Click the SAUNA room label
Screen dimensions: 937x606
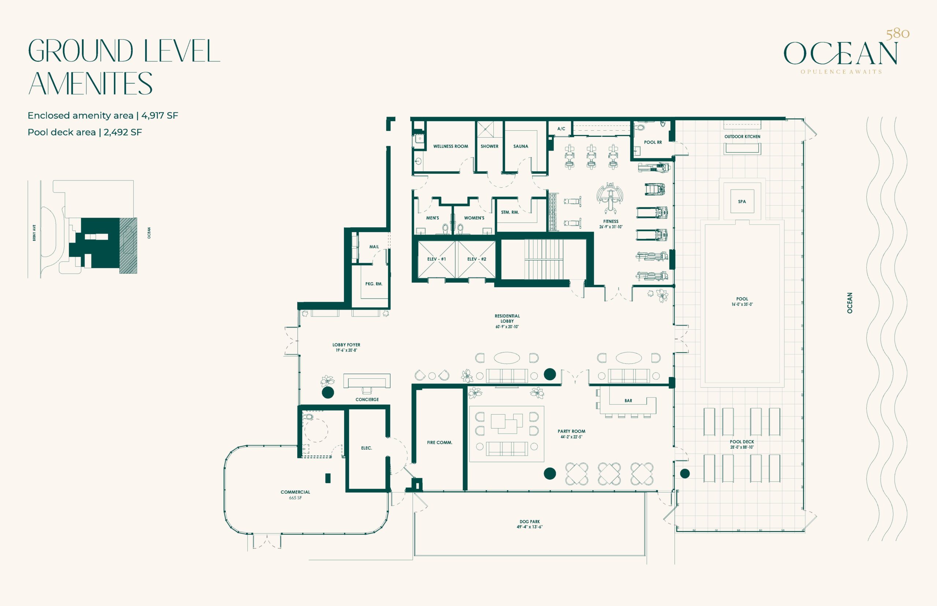click(520, 146)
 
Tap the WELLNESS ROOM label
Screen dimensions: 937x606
click(451, 146)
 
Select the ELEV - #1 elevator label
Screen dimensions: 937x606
click(436, 259)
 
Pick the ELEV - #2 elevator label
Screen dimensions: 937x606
click(477, 259)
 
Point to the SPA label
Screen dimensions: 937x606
click(742, 202)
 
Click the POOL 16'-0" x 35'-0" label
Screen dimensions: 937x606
click(742, 302)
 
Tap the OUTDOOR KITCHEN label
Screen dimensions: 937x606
click(742, 136)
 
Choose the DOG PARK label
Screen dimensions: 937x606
click(530, 524)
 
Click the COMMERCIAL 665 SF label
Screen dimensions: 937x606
click(295, 495)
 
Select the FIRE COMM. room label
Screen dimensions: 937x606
click(440, 442)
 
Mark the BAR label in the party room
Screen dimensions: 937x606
click(628, 401)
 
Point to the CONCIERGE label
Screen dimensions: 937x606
click(367, 399)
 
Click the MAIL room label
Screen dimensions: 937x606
click(374, 247)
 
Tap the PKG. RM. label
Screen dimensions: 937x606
click(373, 284)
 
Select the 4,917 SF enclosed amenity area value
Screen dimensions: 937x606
click(160, 116)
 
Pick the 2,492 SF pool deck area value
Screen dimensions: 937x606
click(123, 132)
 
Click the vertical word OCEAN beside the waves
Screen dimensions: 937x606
click(850, 303)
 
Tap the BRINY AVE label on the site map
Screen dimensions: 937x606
click(34, 233)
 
